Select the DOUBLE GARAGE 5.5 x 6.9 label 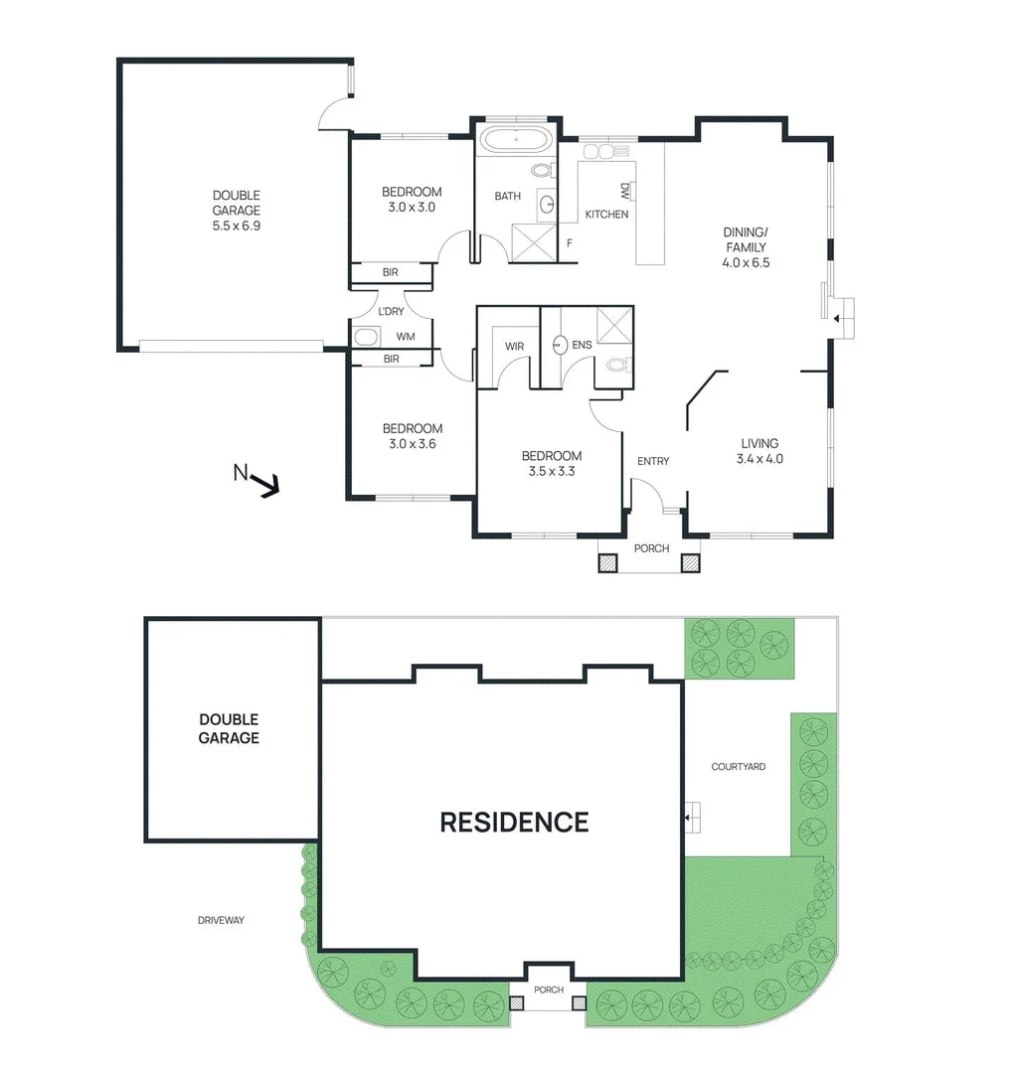pyautogui.click(x=236, y=211)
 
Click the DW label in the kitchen pyautogui.click(x=624, y=191)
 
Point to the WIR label pyautogui.click(x=514, y=346)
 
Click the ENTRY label pyautogui.click(x=653, y=461)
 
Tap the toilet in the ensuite pyautogui.click(x=616, y=365)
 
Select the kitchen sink pyautogui.click(x=606, y=151)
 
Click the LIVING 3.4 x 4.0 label pyautogui.click(x=760, y=451)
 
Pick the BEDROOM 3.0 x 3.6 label pyautogui.click(x=413, y=436)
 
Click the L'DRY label pyautogui.click(x=391, y=311)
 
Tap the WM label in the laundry pyautogui.click(x=406, y=337)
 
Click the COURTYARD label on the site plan pyautogui.click(x=738, y=767)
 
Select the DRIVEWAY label pyautogui.click(x=220, y=920)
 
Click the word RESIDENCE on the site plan pyautogui.click(x=514, y=822)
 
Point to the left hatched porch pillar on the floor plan pyautogui.click(x=607, y=563)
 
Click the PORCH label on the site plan pyautogui.click(x=548, y=990)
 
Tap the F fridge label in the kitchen pyautogui.click(x=570, y=241)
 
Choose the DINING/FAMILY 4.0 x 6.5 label pyautogui.click(x=747, y=248)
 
